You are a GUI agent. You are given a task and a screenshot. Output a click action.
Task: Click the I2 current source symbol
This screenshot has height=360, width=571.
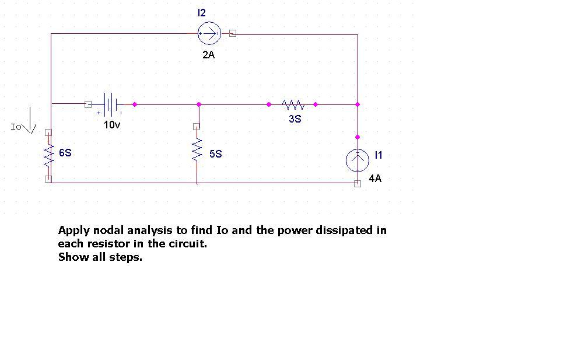(x=209, y=34)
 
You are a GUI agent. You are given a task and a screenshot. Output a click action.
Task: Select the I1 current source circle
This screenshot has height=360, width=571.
(x=358, y=160)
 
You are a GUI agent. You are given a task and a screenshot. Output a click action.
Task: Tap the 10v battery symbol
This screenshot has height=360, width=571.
(x=111, y=104)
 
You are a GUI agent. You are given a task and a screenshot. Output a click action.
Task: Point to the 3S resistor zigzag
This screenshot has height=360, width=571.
(x=293, y=104)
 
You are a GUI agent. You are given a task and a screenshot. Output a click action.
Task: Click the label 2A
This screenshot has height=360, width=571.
(x=209, y=55)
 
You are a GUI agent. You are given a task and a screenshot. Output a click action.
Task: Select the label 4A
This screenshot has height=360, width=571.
(x=375, y=179)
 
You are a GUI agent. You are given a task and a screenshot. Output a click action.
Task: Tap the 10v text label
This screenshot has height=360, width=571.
(x=112, y=124)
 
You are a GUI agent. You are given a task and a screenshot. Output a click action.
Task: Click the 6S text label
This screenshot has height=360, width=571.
(x=65, y=153)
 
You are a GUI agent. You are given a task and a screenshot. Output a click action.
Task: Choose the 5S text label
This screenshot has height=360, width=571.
(x=216, y=154)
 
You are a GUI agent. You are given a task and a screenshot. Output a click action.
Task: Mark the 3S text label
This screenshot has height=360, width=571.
(x=295, y=118)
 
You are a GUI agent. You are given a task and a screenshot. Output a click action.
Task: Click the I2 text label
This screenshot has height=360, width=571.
(x=202, y=12)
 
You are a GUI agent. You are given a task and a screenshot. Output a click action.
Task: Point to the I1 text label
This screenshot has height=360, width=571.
(x=379, y=155)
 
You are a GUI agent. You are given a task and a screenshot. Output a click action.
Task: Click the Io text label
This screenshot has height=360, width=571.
(x=16, y=127)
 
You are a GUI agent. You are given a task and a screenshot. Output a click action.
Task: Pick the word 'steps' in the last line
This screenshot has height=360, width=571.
(x=127, y=257)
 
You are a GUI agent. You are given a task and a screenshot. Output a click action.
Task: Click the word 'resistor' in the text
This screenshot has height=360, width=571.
(x=109, y=244)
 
